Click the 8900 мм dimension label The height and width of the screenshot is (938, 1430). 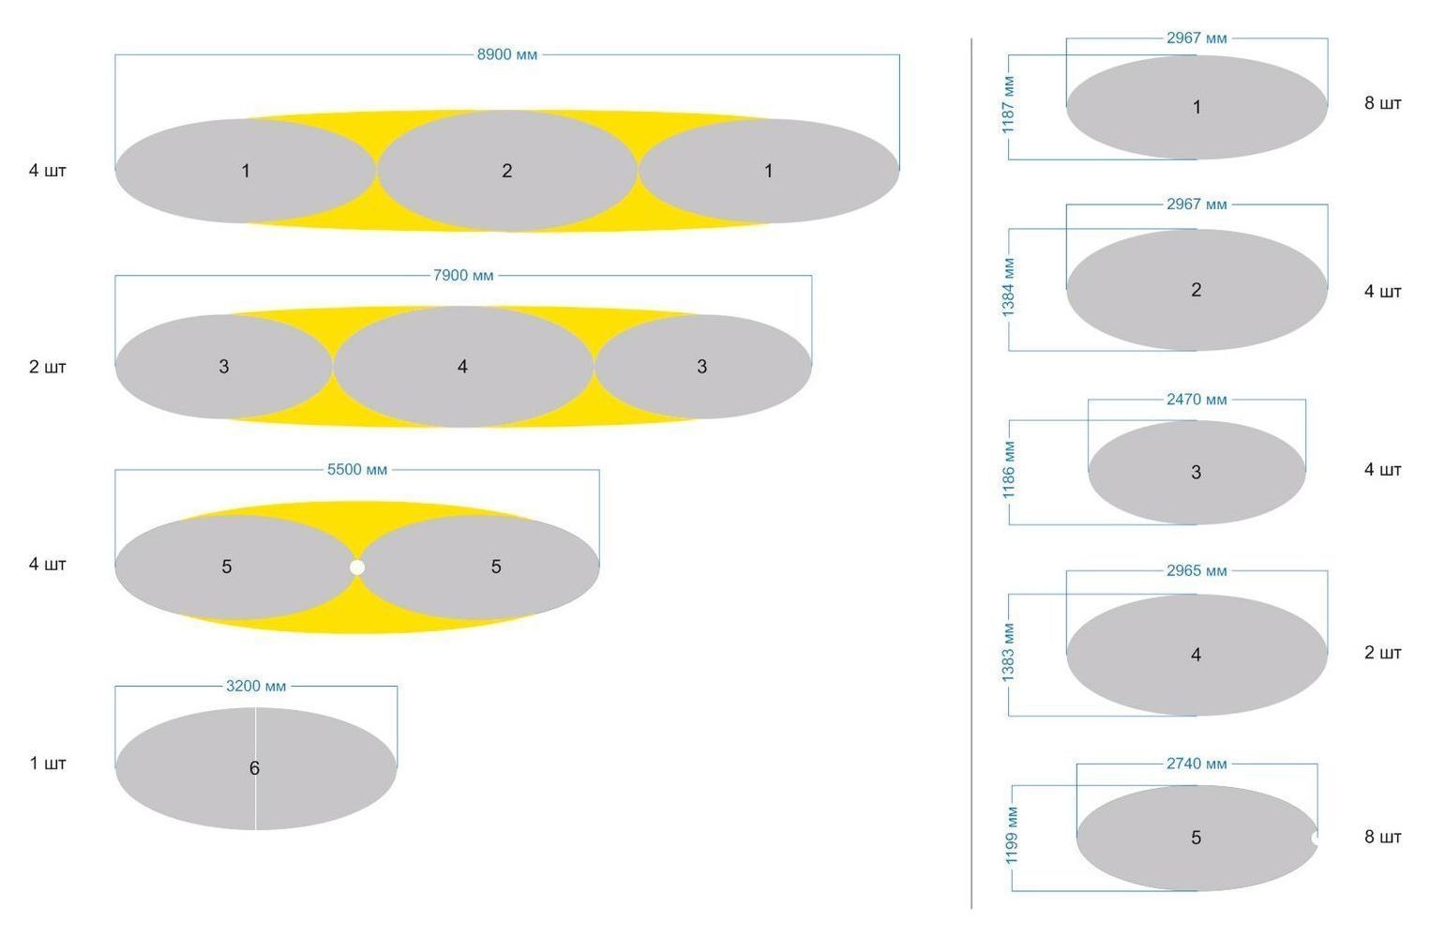pos(507,55)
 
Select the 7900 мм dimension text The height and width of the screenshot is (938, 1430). pos(463,276)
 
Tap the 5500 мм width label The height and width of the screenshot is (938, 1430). pos(357,470)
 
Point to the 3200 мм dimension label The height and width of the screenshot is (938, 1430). pos(256,687)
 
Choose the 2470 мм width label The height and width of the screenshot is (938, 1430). pos(1197,400)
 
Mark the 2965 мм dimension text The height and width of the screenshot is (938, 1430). pos(1197,571)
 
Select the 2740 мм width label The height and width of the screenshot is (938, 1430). pos(1197,764)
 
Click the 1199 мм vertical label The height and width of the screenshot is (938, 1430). pos(1012,836)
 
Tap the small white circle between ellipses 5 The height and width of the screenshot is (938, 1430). pos(357,567)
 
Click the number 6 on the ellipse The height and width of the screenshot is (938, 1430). pos(254,768)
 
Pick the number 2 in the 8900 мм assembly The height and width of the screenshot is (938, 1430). pos(507,171)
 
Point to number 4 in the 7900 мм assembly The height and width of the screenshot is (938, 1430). pos(462,367)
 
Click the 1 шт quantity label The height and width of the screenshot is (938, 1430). pos(47,764)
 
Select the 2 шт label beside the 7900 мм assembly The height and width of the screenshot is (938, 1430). pos(47,367)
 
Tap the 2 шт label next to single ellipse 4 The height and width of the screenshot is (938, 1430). pos(1383,653)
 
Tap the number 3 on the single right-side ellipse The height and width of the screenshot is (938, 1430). pos(1197,473)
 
